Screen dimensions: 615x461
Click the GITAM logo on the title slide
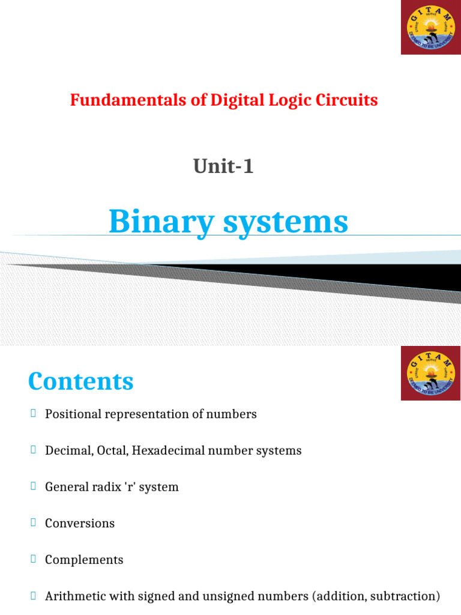[430, 28]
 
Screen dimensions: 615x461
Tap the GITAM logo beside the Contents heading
[430, 374]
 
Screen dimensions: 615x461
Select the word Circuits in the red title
[351, 100]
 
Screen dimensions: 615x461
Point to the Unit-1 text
[223, 166]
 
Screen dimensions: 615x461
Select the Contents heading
[81, 381]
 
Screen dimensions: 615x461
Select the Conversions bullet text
[80, 523]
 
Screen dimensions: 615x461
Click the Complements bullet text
[84, 560]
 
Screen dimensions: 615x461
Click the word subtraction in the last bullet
[408, 596]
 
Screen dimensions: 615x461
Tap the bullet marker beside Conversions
[34, 523]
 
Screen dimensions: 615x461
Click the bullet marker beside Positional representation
[34, 413]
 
